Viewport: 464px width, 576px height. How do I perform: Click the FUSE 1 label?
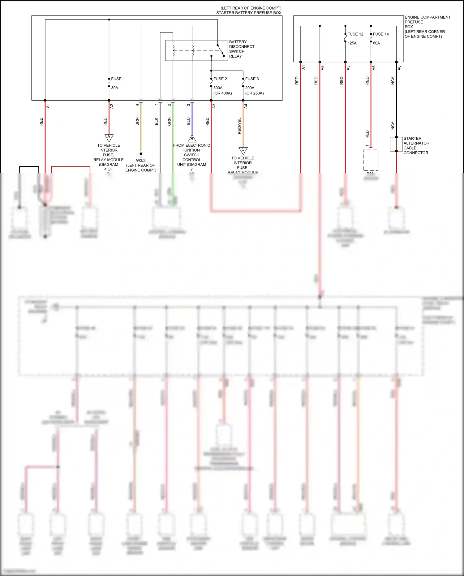[x=118, y=79]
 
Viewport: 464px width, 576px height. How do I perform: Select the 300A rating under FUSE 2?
[x=218, y=88]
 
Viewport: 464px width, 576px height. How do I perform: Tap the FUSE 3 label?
[x=252, y=79]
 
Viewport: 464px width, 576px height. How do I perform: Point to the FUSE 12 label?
[x=355, y=34]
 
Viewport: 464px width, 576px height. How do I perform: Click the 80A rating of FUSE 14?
[x=376, y=43]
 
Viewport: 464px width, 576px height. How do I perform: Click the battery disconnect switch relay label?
[x=241, y=49]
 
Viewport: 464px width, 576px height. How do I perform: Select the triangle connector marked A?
[x=109, y=137]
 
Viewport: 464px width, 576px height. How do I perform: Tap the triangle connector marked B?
[x=192, y=138]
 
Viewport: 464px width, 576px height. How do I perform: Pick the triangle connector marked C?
[x=243, y=150]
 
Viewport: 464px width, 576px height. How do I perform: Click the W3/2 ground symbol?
[x=141, y=154]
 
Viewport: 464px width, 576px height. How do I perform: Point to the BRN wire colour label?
[x=137, y=121]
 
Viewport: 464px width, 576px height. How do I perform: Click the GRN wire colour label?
[x=169, y=121]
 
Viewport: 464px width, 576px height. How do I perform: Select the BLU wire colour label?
[x=188, y=121]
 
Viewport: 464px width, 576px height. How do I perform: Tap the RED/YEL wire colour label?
[x=239, y=126]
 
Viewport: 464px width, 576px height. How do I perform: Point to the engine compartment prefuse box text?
[x=427, y=27]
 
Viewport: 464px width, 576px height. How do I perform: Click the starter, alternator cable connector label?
[x=416, y=145]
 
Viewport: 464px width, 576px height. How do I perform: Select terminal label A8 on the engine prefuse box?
[x=322, y=67]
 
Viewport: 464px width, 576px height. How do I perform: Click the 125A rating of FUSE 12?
[x=352, y=43]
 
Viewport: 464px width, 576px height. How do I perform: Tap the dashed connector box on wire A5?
[x=371, y=160]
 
